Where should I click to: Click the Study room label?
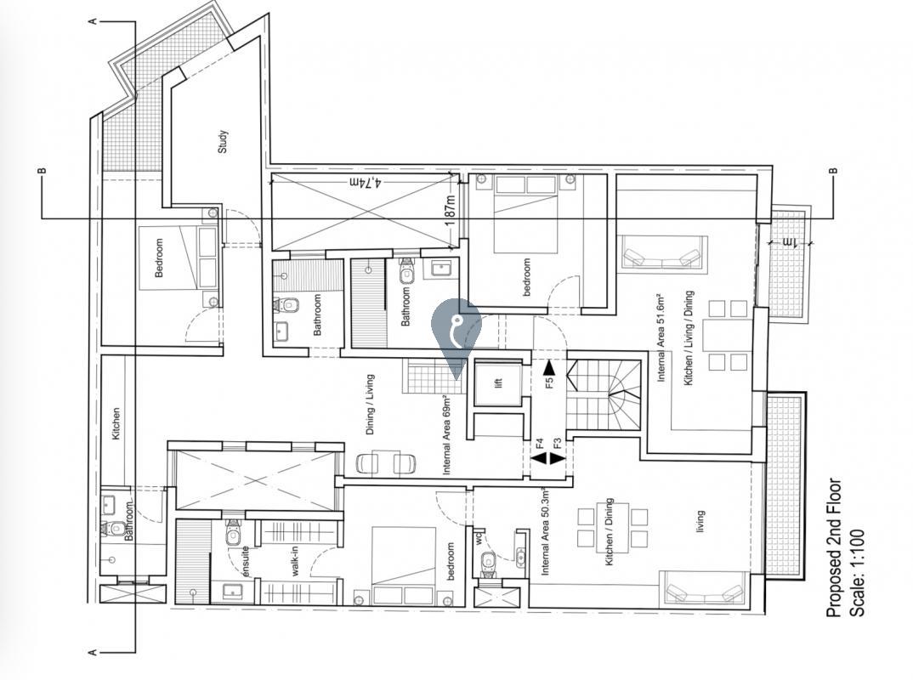click(223, 141)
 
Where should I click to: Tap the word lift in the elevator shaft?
click(498, 383)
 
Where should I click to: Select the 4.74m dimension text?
click(365, 183)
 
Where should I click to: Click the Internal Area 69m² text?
click(446, 435)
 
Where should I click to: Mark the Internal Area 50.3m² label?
click(546, 530)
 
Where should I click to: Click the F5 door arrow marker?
click(548, 376)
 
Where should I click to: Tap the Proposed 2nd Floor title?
click(834, 548)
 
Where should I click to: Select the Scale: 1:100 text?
click(857, 573)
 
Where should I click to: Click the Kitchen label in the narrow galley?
click(116, 423)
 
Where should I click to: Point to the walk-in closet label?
click(295, 561)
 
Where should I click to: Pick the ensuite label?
click(245, 562)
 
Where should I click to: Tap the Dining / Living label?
click(370, 405)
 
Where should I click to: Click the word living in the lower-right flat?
click(700, 521)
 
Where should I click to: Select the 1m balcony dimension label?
click(790, 241)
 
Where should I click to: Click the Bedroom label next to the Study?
click(158, 258)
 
